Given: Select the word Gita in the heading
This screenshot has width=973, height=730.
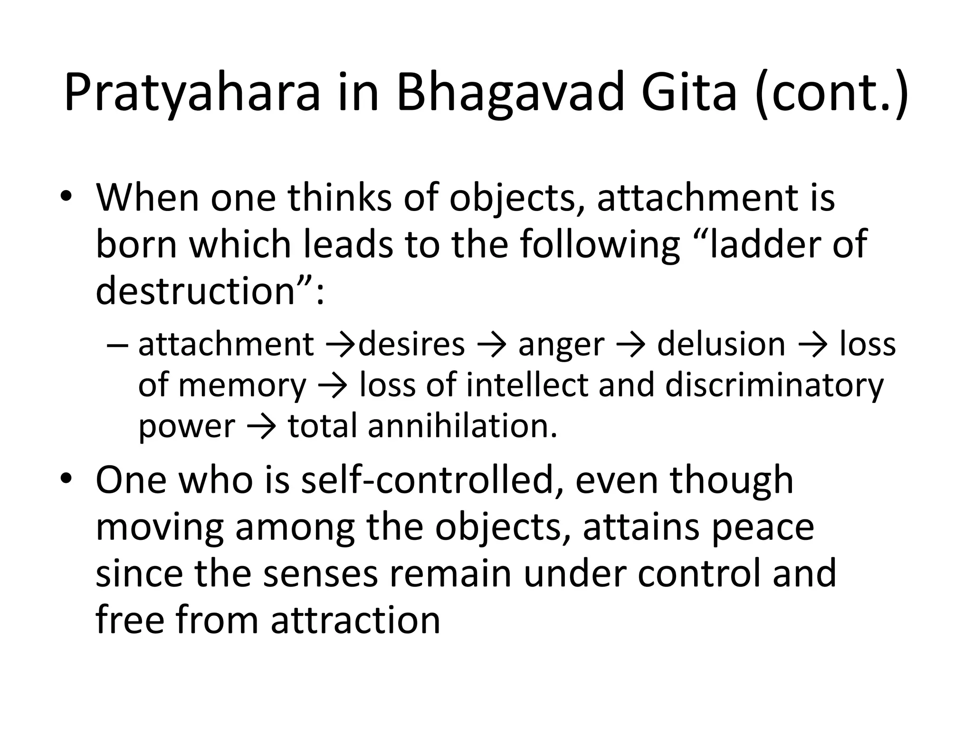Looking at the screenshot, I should tap(688, 93).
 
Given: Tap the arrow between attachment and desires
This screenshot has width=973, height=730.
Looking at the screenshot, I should tap(341, 345).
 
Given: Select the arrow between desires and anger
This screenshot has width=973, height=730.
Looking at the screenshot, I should tap(492, 345).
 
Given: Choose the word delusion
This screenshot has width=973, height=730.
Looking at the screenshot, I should tap(721, 345).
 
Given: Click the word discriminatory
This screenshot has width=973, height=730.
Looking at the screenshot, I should tap(774, 385).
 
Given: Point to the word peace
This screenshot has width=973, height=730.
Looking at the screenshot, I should tap(763, 528).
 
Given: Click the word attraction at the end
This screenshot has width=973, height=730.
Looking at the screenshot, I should tap(356, 621).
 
